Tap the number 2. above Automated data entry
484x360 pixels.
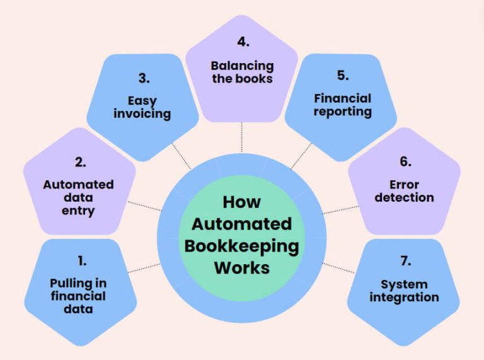click(80, 162)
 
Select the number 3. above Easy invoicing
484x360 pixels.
click(143, 79)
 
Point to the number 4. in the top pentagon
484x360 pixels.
click(243, 43)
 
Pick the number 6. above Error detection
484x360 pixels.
click(405, 161)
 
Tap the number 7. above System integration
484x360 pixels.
click(404, 260)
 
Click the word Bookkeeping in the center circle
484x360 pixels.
click(241, 245)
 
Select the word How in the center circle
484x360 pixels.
click(241, 202)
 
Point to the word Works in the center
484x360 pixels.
click(241, 267)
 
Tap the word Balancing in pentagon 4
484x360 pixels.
click(242, 66)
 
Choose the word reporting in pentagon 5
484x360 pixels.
click(343, 112)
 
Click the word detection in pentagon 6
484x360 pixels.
click(405, 197)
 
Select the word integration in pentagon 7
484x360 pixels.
click(404, 296)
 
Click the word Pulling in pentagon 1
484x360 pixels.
click(71, 283)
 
